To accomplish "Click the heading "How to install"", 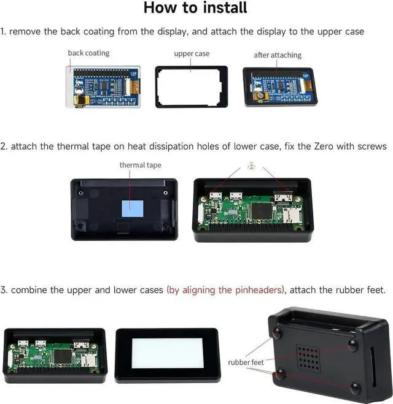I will [195, 9].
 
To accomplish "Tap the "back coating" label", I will [88, 53].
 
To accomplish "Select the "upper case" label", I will [192, 54].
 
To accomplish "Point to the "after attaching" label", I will [278, 55].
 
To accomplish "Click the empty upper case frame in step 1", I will [191, 87].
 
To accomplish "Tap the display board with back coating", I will [103, 86].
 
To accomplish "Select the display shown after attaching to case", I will [279, 86].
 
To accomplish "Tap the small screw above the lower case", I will [251, 166].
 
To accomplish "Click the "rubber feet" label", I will [246, 363].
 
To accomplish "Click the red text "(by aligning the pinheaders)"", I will [225, 290].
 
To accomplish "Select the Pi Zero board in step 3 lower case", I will [55, 354].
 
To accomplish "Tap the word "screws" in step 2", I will [372, 147].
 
